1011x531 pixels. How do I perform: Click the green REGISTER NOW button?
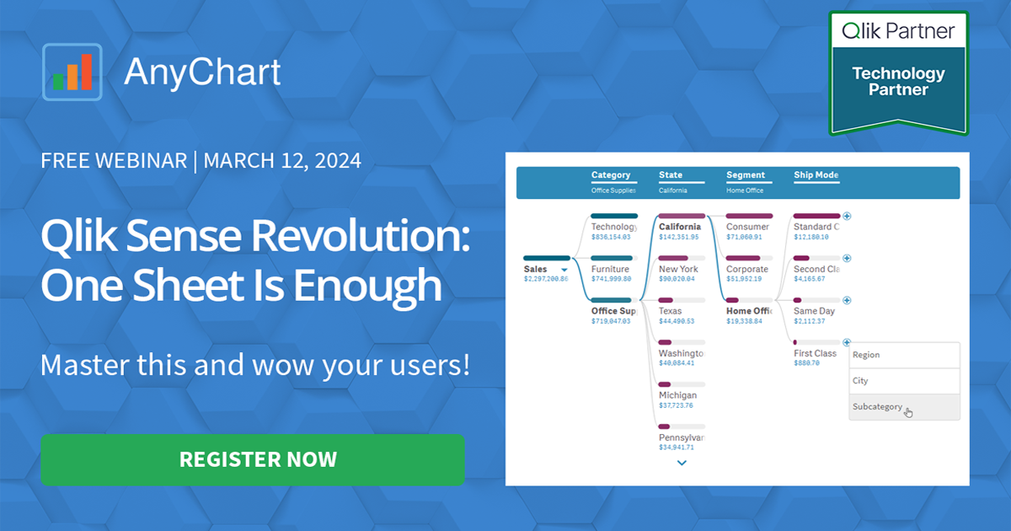coord(253,459)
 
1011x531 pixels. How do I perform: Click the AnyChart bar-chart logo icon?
coord(72,72)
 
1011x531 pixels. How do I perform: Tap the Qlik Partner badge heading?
coord(898,31)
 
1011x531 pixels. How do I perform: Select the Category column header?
coord(611,175)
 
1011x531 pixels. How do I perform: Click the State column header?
coord(671,175)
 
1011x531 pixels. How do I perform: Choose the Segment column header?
coord(746,175)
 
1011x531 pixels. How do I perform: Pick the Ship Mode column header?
coord(816,175)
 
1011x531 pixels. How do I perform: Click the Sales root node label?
coord(536,270)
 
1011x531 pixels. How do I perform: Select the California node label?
coord(679,227)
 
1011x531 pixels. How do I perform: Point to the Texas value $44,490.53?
coord(677,321)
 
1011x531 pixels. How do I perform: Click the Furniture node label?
coord(610,269)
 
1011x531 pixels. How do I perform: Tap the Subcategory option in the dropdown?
coord(877,407)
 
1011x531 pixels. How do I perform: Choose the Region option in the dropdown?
coord(866,355)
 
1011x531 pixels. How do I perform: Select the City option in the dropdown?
coord(860,381)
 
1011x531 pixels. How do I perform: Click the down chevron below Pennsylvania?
coord(682,463)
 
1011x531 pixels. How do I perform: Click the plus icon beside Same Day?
coord(847,300)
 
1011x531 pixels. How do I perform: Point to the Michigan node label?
coord(677,395)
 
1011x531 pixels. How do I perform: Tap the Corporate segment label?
coord(746,269)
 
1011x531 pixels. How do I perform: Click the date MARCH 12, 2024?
coord(282,160)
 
